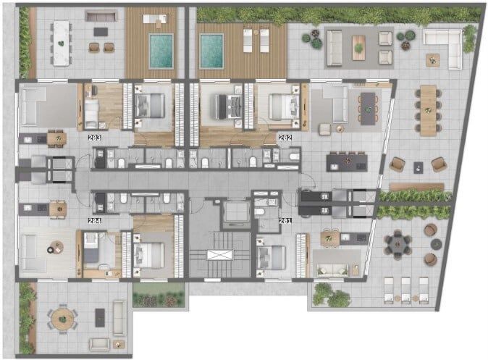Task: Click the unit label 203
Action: click(x=94, y=138)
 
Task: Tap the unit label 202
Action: click(x=285, y=138)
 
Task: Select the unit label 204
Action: click(x=94, y=221)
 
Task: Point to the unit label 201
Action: click(x=285, y=221)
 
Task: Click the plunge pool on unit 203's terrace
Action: click(x=161, y=51)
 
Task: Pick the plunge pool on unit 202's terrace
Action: click(x=211, y=51)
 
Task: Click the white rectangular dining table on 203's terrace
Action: click(x=62, y=43)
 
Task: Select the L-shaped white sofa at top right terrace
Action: click(x=442, y=49)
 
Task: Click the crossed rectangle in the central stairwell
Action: click(x=220, y=255)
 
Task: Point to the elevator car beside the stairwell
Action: click(x=237, y=212)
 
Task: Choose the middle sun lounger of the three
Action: click(x=405, y=290)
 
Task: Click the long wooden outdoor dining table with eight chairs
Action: click(x=428, y=110)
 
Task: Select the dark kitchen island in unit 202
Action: click(x=347, y=163)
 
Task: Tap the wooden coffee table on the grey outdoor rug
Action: click(x=358, y=48)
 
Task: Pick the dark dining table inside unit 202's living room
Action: click(x=368, y=109)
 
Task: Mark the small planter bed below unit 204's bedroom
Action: click(x=159, y=295)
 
